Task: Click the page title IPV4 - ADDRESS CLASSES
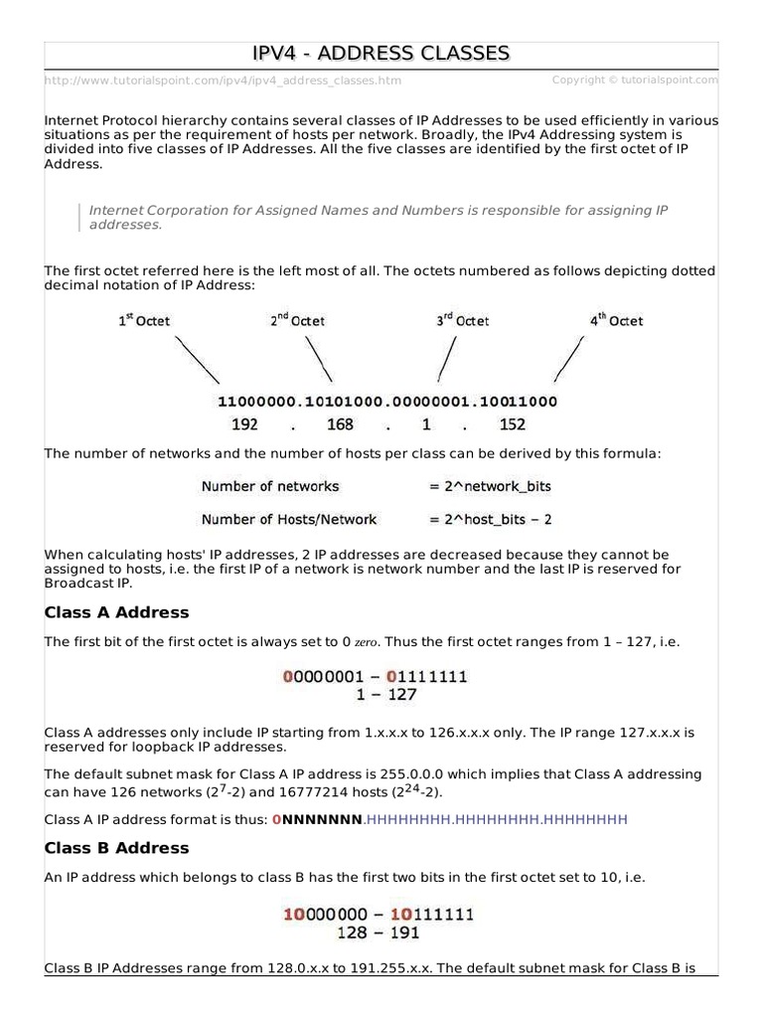coord(382,53)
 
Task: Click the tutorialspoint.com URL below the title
coord(224,81)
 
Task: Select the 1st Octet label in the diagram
coord(145,320)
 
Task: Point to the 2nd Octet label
coord(297,320)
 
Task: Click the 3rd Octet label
coord(462,320)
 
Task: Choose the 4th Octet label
coord(616,320)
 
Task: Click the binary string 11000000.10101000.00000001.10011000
coord(386,403)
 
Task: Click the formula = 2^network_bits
coord(490,486)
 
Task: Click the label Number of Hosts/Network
coord(289,519)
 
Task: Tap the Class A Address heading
coord(117,612)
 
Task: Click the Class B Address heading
coord(117,848)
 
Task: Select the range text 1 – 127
coord(376,696)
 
